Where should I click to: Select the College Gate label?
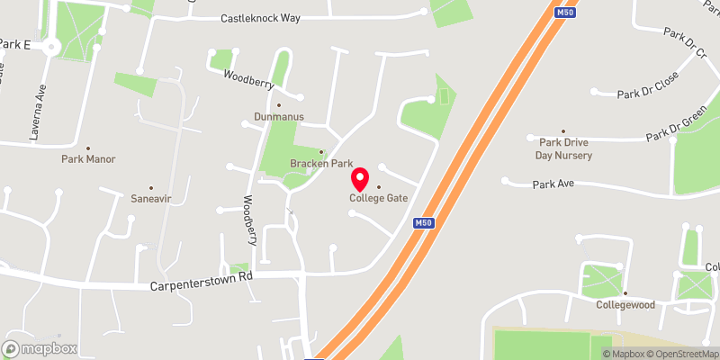pos(378,198)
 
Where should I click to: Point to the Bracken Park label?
pos(321,163)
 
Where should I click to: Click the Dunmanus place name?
pos(278,117)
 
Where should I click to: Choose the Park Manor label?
pos(88,158)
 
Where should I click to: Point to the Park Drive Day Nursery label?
pos(565,148)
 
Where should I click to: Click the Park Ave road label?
pos(553,184)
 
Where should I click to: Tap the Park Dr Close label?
pos(647,85)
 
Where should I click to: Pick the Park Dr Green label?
pos(676,127)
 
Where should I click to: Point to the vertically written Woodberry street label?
pos(251,220)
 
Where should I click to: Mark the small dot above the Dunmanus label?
pos(278,105)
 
